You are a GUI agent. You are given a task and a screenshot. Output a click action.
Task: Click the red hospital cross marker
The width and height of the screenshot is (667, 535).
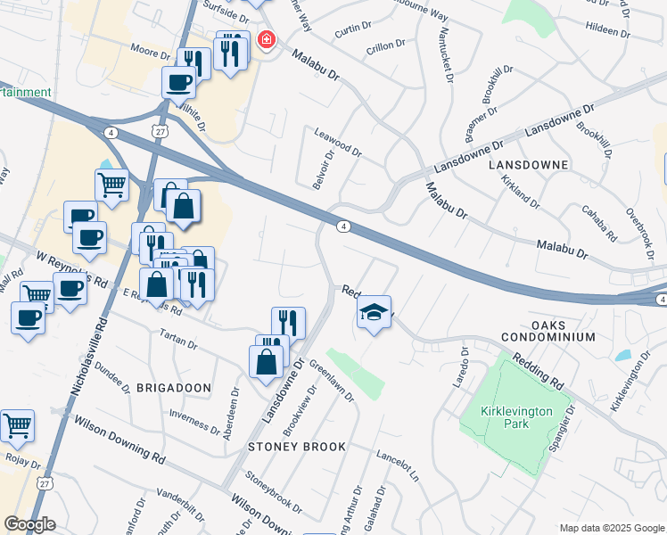265,40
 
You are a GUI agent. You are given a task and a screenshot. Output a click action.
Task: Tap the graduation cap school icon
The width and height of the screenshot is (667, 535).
375,312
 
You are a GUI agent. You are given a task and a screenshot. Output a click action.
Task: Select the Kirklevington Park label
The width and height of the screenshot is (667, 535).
517,416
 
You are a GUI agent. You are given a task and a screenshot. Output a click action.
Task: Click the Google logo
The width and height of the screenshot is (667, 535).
29,524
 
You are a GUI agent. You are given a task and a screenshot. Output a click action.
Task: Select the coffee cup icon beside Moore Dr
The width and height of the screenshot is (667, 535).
178,82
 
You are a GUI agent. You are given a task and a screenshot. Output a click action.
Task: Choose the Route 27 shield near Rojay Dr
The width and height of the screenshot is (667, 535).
45,482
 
